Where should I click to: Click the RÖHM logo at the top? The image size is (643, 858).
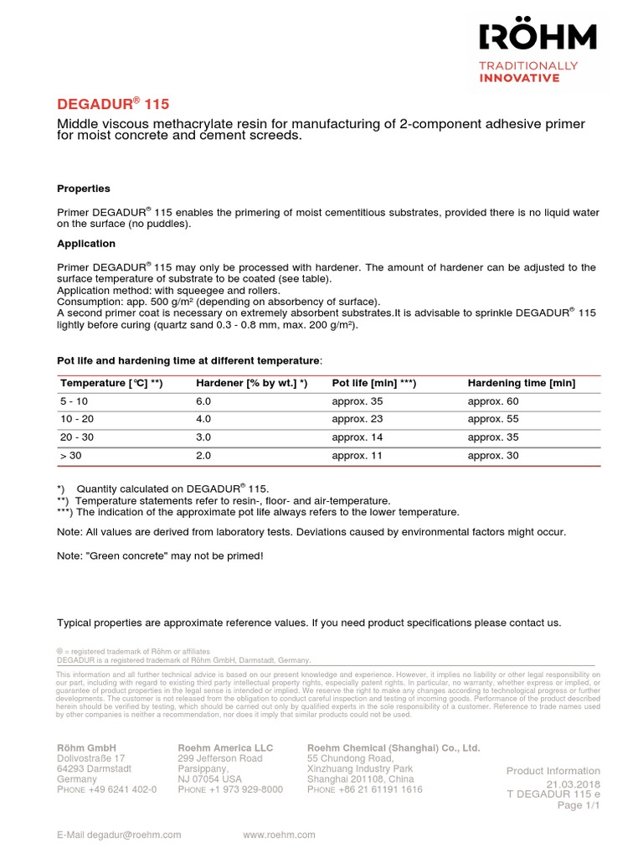click(538, 38)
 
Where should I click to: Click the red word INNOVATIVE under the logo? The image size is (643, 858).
click(518, 78)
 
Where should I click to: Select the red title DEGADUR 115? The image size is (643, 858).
click(112, 104)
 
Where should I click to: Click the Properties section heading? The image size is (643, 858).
click(83, 189)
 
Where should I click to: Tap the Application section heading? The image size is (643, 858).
click(85, 244)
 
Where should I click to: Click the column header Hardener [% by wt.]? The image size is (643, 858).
click(251, 383)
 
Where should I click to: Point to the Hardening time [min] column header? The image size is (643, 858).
click(521, 383)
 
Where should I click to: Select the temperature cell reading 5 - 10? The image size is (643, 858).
click(75, 401)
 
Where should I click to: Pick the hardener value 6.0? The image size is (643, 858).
click(203, 401)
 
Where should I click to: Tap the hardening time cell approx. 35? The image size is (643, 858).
click(492, 437)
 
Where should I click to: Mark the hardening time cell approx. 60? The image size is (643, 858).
click(492, 401)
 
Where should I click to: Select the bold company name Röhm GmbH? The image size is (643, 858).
click(86, 747)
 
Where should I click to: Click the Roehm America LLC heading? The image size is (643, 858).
click(225, 747)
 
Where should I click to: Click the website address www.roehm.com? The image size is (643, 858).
click(279, 835)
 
